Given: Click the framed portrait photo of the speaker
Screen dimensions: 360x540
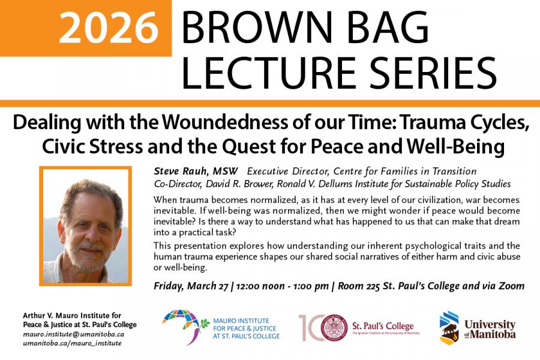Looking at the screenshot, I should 85,224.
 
